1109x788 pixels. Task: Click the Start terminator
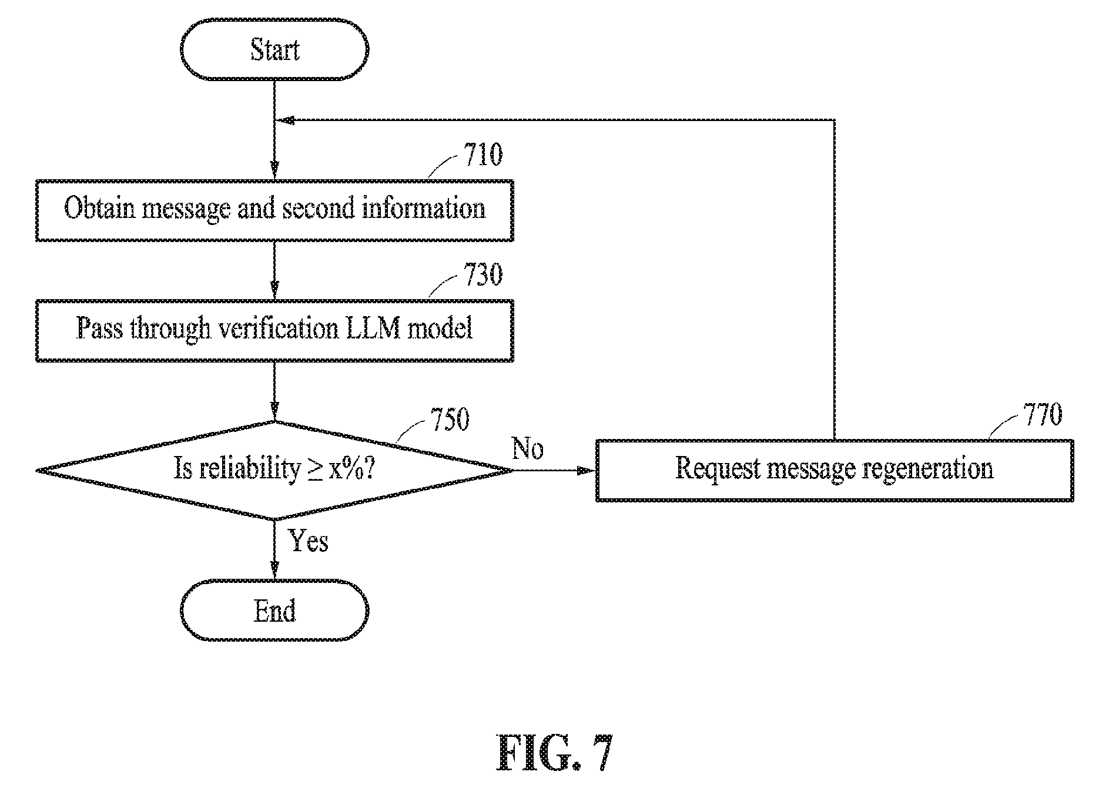pos(274,50)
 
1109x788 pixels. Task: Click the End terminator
pos(274,611)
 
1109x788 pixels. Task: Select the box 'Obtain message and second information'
pos(274,210)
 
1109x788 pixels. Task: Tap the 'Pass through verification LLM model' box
pos(274,331)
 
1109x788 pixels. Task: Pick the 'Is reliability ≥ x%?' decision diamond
pos(274,470)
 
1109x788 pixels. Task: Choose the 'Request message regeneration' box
pos(835,470)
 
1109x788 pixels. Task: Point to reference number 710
pos(484,155)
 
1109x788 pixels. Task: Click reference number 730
pos(484,275)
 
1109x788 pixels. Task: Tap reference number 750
pos(450,420)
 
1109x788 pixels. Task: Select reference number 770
pos(1043,414)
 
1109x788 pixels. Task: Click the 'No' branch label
pos(528,448)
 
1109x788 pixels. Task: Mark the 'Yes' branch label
pos(309,541)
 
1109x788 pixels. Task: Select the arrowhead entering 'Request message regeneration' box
pos(587,471)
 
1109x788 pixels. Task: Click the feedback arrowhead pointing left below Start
pos(286,120)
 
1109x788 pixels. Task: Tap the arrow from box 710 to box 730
pos(274,270)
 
